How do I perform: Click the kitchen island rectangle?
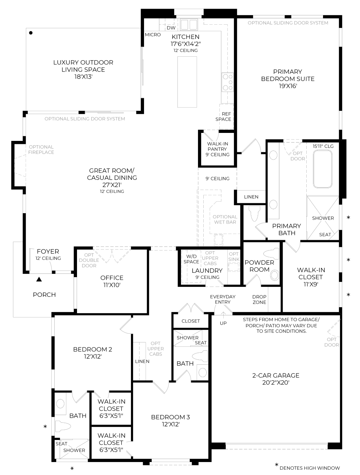point(186,82)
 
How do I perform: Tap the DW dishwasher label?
point(171,28)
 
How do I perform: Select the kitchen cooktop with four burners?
point(228,82)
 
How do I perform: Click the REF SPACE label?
point(223,117)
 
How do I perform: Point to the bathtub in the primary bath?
point(322,170)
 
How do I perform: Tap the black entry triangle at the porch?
point(39,279)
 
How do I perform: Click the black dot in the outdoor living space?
point(31,33)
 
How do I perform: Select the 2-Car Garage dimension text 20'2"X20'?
point(276,383)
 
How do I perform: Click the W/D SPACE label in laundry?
point(191,259)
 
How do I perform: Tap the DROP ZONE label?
point(259,299)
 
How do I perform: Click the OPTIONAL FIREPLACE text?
point(41,150)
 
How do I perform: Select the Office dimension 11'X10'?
point(112,285)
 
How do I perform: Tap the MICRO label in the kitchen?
point(153,35)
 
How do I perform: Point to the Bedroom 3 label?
point(170,417)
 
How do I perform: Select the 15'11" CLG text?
point(323,146)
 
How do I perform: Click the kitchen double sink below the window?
point(189,24)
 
